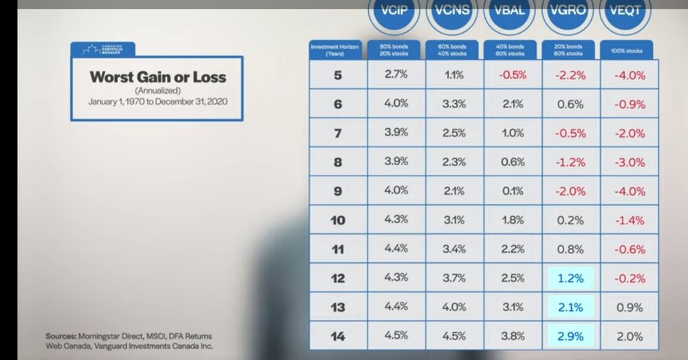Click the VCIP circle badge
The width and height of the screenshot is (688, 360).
(393, 12)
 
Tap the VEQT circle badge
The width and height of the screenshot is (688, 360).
(625, 12)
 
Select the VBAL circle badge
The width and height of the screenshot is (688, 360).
(509, 12)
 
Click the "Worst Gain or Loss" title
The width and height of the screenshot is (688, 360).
(158, 77)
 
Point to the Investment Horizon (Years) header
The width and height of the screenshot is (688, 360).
(336, 50)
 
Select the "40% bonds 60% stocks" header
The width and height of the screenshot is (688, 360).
(510, 50)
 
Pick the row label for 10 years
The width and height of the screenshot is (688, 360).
(337, 220)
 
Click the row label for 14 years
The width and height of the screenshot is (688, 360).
(337, 337)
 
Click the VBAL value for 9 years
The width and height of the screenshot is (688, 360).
(513, 191)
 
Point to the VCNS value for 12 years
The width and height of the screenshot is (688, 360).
(454, 279)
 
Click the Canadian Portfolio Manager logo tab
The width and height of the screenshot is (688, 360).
(103, 50)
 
